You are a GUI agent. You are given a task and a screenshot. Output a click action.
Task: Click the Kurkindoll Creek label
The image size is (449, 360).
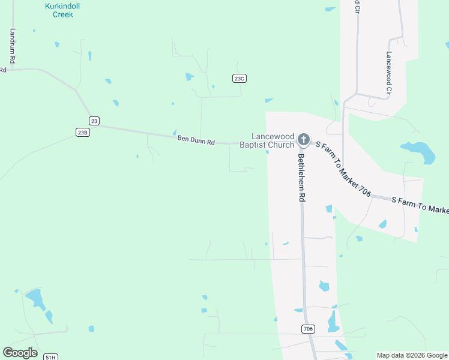tap(62, 10)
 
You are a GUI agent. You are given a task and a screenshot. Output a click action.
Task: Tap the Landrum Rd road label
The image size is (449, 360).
tap(12, 46)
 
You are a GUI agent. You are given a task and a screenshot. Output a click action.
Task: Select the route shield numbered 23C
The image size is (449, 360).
tap(240, 78)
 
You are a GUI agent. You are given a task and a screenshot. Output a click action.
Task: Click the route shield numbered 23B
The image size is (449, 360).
tap(83, 132)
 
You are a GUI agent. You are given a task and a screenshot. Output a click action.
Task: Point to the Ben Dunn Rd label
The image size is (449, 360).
tap(196, 140)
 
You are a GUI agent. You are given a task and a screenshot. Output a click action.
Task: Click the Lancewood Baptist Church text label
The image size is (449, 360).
tap(267, 140)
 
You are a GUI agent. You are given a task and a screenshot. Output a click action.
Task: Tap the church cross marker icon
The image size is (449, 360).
tap(304, 140)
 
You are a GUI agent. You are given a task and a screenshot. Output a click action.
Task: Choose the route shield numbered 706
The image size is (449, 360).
tap(308, 329)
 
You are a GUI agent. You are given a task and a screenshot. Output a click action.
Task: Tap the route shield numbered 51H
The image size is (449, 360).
tap(50, 357)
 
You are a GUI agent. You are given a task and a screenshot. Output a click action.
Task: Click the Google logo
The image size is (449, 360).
tap(20, 353)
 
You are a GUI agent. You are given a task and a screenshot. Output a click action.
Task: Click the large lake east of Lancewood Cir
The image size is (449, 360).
tap(420, 151)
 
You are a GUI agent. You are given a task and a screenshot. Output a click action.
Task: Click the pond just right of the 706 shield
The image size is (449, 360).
tap(333, 322)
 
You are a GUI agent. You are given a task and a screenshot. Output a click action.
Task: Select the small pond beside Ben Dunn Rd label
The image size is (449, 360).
tap(174, 133)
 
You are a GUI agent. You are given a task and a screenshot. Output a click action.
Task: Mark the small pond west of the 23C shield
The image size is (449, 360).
tap(190, 77)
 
